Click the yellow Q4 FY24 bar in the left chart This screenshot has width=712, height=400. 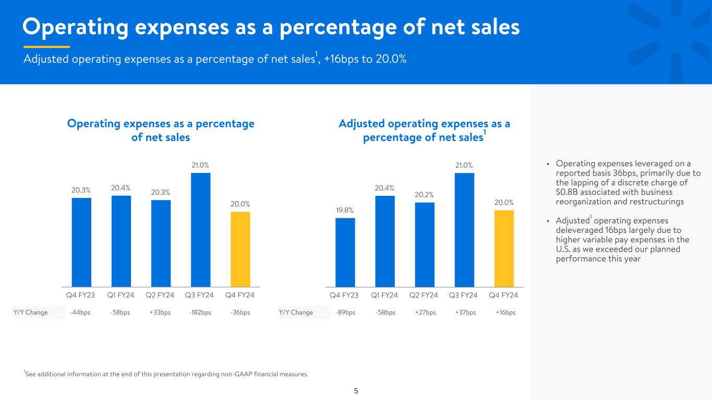pos(240,249)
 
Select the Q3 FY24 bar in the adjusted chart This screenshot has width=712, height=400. pos(464,230)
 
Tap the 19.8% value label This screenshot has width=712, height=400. pos(345,210)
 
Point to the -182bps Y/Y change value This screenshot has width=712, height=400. pos(200,312)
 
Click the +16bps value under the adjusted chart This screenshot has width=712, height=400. pos(505,312)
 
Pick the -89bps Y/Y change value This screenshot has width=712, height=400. pos(345,312)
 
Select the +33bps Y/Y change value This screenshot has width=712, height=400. pos(160,312)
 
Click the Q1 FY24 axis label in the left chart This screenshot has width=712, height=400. pos(120,295)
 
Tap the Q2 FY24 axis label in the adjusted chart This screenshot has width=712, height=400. pos(424,295)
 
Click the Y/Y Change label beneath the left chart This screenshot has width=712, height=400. pos(30,312)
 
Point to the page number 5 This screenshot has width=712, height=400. pos(356,391)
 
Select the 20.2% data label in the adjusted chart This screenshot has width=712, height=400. pos(425,195)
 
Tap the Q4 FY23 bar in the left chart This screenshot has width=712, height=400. pos(81,243)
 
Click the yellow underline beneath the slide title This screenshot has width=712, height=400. pos(47,47)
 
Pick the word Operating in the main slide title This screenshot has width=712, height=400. pos(75,27)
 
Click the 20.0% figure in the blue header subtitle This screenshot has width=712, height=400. pos(391,59)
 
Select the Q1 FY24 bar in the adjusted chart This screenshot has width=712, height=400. pos(385,241)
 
